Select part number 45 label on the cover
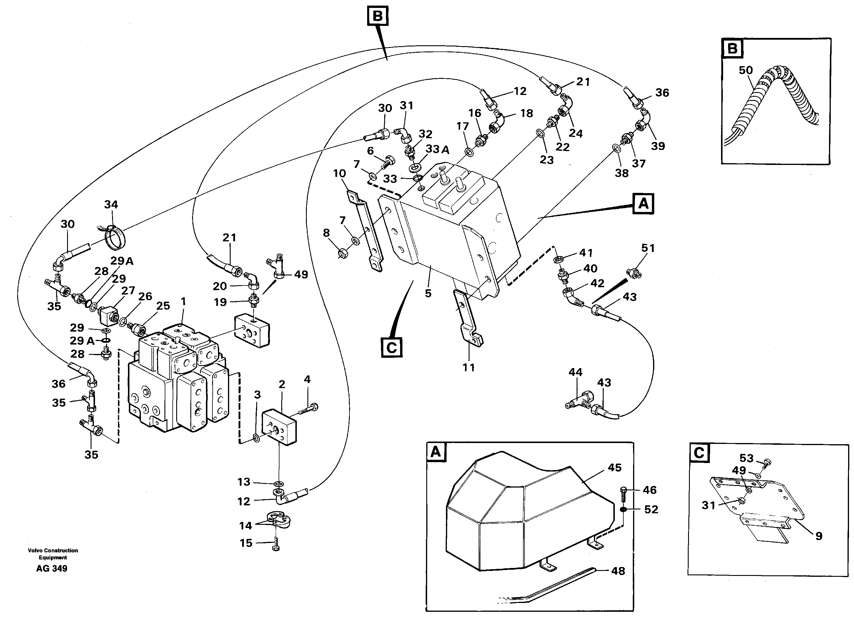pyautogui.click(x=614, y=467)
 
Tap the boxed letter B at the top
pyautogui.click(x=377, y=16)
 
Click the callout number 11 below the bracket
pyautogui.click(x=469, y=368)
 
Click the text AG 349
pyautogui.click(x=51, y=569)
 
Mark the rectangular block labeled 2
pyautogui.click(x=279, y=427)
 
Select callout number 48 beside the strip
pyautogui.click(x=618, y=571)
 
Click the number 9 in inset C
pyautogui.click(x=819, y=536)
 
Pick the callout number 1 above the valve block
pyautogui.click(x=183, y=301)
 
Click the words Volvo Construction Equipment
pyautogui.click(x=53, y=554)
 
